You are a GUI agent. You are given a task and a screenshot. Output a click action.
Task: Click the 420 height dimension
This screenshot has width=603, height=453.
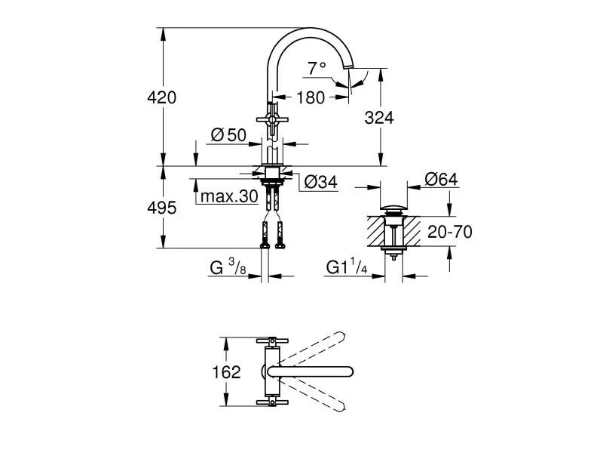[x=161, y=97]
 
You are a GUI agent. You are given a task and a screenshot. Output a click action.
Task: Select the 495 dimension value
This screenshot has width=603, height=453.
[x=161, y=207]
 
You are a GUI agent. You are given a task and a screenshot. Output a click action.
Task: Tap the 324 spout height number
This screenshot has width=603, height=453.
[x=379, y=117]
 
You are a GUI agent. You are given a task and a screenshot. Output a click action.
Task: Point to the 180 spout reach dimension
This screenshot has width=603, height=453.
[x=310, y=97]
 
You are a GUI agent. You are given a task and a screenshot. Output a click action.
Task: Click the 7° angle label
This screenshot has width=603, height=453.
[x=317, y=68]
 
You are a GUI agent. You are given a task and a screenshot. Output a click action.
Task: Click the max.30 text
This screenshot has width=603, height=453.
[x=229, y=197]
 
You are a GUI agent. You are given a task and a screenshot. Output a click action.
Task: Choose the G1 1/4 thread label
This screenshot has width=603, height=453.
[x=347, y=267]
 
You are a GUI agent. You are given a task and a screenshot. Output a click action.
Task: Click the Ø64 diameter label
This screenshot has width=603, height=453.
[x=441, y=179]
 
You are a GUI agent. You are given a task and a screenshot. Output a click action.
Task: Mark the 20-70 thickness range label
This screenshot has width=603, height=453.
[x=450, y=232]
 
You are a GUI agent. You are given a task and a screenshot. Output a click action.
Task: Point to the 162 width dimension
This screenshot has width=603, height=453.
[x=226, y=372]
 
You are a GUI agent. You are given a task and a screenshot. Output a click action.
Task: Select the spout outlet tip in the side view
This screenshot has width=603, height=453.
[x=348, y=70]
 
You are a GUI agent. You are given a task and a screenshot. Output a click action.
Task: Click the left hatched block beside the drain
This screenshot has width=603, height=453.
[x=376, y=230]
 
